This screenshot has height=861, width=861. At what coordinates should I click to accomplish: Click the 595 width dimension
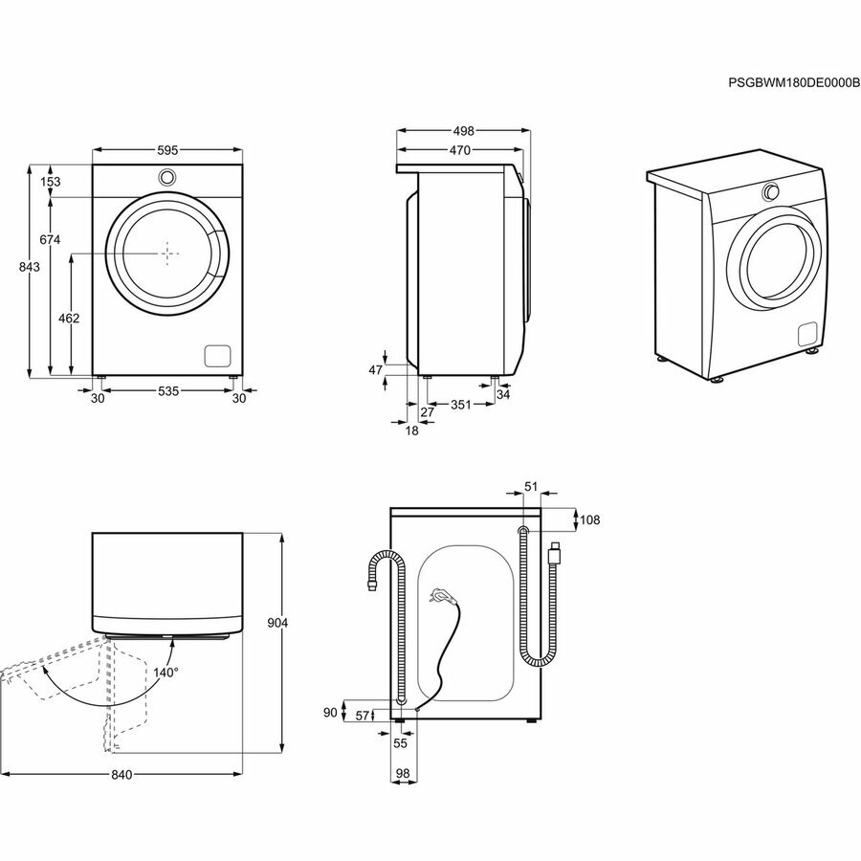click(167, 150)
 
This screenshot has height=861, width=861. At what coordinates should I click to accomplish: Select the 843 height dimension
click(29, 268)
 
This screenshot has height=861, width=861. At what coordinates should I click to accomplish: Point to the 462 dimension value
click(68, 318)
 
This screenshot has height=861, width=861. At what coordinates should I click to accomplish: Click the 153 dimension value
click(51, 182)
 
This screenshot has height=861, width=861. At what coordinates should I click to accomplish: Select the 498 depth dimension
click(463, 130)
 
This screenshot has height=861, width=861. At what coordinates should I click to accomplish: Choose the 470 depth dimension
click(459, 150)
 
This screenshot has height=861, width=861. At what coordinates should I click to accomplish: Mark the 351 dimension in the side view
click(461, 405)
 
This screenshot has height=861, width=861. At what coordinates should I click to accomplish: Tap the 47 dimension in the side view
click(375, 368)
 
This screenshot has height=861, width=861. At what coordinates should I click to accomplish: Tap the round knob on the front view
click(166, 177)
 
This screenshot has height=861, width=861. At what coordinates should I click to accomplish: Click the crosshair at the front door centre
click(168, 252)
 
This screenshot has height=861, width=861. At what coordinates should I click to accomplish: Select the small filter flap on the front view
click(217, 353)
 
